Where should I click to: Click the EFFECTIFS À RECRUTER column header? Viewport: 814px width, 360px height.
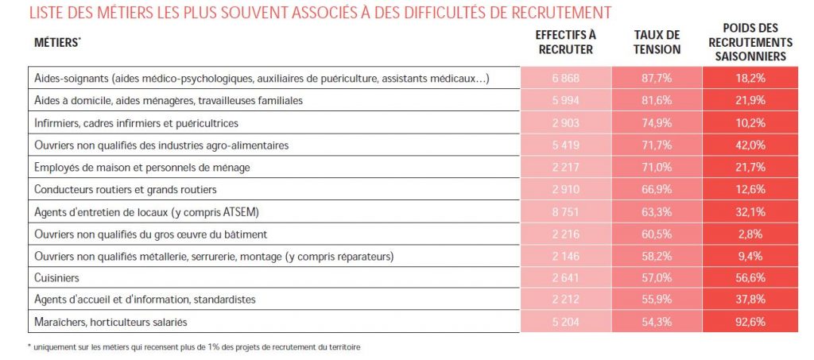point(565,42)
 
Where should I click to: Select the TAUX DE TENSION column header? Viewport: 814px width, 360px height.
point(657,42)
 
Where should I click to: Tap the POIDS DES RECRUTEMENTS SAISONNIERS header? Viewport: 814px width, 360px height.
point(750,42)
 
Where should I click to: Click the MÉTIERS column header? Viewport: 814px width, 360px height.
point(57,43)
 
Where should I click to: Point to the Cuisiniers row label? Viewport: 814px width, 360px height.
point(56,278)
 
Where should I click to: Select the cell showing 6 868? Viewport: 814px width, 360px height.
point(565,79)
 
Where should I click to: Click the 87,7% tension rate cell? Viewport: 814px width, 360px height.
point(657,79)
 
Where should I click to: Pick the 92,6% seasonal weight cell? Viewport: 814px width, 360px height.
point(750,322)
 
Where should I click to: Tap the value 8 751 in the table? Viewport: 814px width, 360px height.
point(565,211)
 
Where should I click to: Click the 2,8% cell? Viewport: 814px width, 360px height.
point(750,234)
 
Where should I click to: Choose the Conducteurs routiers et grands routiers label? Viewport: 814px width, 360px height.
point(125,189)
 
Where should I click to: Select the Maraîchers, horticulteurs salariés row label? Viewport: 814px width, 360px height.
point(110,322)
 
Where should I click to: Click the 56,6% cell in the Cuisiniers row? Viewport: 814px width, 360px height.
point(750,278)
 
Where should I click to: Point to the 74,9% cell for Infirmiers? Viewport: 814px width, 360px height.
point(657,123)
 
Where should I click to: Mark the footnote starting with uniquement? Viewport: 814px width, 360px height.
point(193,346)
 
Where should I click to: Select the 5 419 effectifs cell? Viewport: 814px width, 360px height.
point(565,145)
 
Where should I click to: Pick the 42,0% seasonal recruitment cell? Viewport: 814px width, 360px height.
point(750,145)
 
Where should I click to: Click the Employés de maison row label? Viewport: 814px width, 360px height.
point(141,168)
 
